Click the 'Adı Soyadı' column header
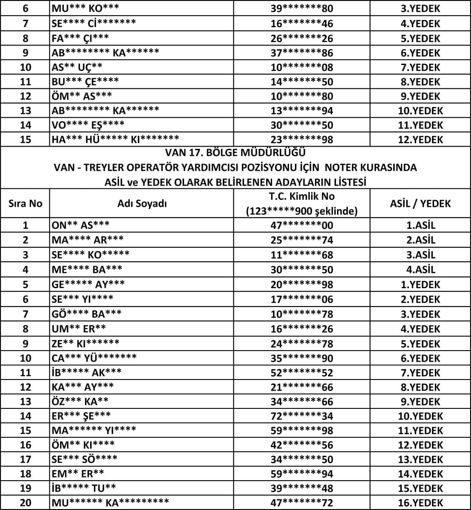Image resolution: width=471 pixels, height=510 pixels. (x=142, y=204)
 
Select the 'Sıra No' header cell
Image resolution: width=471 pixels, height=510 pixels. (x=26, y=204)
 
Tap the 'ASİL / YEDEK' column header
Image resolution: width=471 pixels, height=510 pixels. (x=420, y=204)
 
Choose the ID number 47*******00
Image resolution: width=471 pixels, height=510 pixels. (x=302, y=225)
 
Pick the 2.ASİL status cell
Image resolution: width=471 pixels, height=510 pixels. (x=420, y=240)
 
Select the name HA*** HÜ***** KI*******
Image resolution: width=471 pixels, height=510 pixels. (x=115, y=139)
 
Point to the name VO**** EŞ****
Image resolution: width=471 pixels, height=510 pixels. (x=88, y=125)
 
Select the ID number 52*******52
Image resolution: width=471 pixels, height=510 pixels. (x=302, y=373)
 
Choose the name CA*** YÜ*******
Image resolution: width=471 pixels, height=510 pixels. (x=94, y=358)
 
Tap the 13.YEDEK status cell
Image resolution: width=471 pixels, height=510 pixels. (x=420, y=459)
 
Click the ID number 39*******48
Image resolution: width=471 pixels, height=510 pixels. (x=302, y=488)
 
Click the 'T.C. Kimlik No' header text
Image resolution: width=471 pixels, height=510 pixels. (x=302, y=196)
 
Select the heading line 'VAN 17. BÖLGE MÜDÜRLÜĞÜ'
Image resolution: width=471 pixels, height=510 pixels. (x=235, y=153)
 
